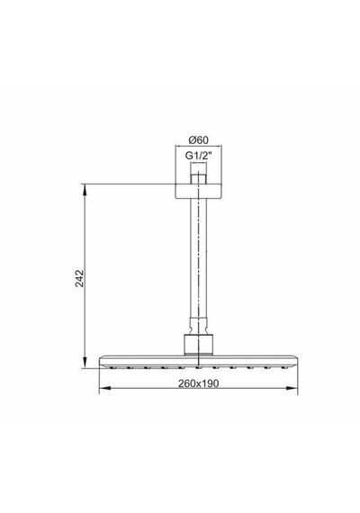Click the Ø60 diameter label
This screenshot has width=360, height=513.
point(198,140)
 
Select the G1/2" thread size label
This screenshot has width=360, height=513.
point(198,156)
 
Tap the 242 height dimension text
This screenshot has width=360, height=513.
point(79,278)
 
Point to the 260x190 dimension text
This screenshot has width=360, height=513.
point(198,383)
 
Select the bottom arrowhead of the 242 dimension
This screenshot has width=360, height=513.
point(85,363)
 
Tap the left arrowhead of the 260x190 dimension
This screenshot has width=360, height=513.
point(104,388)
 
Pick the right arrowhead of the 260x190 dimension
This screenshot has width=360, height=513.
point(292,388)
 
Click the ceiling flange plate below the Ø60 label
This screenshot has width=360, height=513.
point(198,192)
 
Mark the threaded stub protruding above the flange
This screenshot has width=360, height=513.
point(198,179)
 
